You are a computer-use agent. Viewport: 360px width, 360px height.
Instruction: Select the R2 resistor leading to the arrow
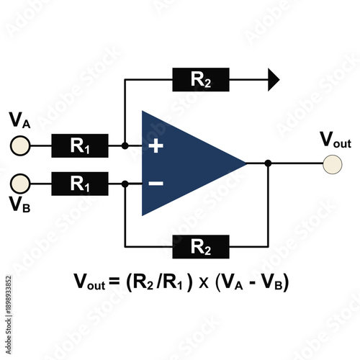[201, 79]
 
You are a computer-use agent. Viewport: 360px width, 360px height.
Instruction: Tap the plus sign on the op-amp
[156, 145]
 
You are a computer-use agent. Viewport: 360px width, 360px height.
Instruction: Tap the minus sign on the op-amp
[156, 184]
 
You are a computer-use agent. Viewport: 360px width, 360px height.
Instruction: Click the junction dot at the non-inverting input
[125, 145]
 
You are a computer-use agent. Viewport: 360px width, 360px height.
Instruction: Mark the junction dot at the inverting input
[125, 184]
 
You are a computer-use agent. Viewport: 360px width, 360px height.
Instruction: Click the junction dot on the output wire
[268, 163]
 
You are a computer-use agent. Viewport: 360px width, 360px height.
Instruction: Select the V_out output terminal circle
[332, 163]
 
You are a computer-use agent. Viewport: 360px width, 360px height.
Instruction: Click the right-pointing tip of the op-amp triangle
[246, 163]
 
